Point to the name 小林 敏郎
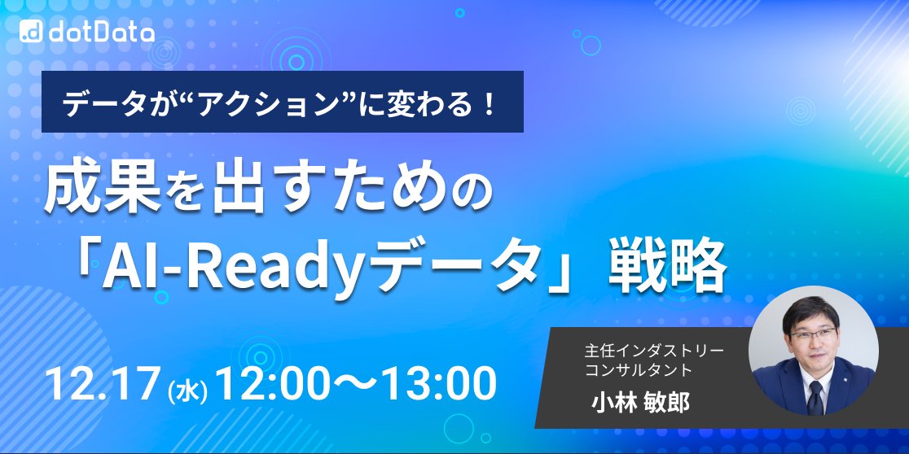(x=641, y=403)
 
